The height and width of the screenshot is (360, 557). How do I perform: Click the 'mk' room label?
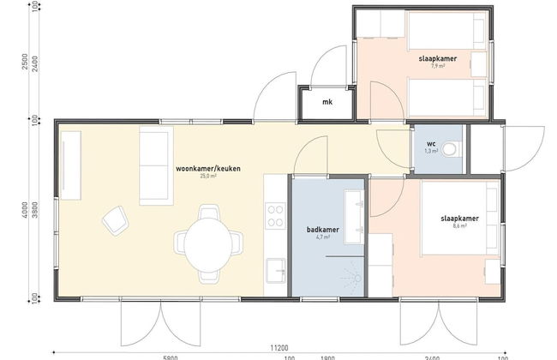click(x=326, y=103)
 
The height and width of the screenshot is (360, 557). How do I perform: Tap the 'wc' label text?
click(x=431, y=142)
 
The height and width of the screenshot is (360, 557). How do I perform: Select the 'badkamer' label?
click(x=321, y=231)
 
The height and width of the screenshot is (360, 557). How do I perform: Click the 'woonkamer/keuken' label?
click(x=207, y=168)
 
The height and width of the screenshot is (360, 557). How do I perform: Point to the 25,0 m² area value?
click(x=207, y=176)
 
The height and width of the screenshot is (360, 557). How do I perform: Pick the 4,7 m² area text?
click(x=321, y=239)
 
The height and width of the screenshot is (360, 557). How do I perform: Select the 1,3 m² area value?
click(x=431, y=151)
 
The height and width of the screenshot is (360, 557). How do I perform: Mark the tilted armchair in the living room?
click(x=115, y=221)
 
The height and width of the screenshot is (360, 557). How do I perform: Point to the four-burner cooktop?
click(x=275, y=214)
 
